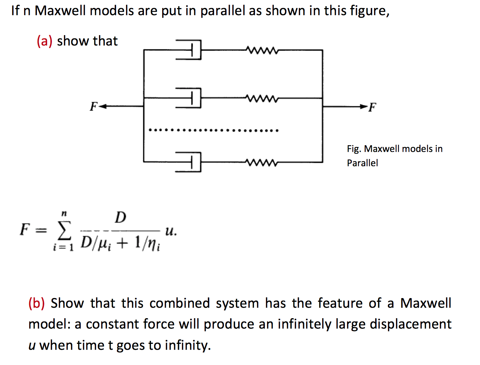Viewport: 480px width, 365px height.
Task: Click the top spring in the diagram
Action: pyautogui.click(x=262, y=50)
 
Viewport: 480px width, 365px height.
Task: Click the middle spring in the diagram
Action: pyautogui.click(x=262, y=98)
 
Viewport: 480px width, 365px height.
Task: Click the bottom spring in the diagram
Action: pyautogui.click(x=262, y=162)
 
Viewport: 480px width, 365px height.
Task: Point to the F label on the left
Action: pyautogui.click(x=94, y=107)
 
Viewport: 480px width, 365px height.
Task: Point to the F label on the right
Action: pyautogui.click(x=372, y=108)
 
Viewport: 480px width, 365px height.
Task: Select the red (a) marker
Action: pyautogui.click(x=44, y=41)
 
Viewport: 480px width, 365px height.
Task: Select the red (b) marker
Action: pyautogui.click(x=37, y=303)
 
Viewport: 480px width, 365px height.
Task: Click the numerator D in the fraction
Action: pyautogui.click(x=120, y=217)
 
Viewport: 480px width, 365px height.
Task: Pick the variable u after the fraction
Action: pyautogui.click(x=170, y=231)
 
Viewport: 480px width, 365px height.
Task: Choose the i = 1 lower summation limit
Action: pyautogui.click(x=63, y=248)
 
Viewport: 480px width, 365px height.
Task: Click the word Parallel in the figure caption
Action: pyautogui.click(x=362, y=163)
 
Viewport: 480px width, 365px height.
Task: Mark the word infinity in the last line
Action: pyautogui.click(x=187, y=345)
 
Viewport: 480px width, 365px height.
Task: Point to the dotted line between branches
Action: pyautogui.click(x=214, y=130)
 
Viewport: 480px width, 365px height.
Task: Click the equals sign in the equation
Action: pyautogui.click(x=43, y=230)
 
